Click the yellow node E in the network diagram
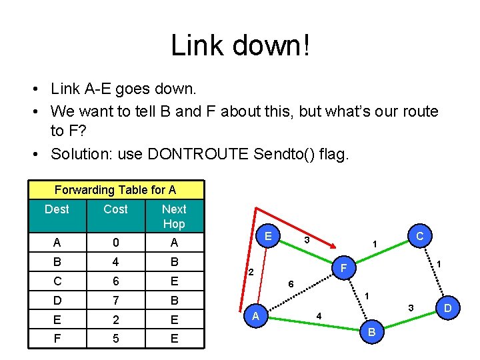click(267, 236)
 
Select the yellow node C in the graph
click(419, 235)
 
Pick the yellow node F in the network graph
click(343, 269)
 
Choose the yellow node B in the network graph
click(371, 331)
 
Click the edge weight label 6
click(291, 283)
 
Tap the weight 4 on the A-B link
click(319, 315)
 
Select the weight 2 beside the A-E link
click(251, 272)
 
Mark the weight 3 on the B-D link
click(411, 307)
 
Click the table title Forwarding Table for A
click(115, 190)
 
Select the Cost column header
click(115, 209)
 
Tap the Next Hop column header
click(174, 216)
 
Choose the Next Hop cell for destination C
click(174, 281)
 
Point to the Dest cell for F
click(57, 338)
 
